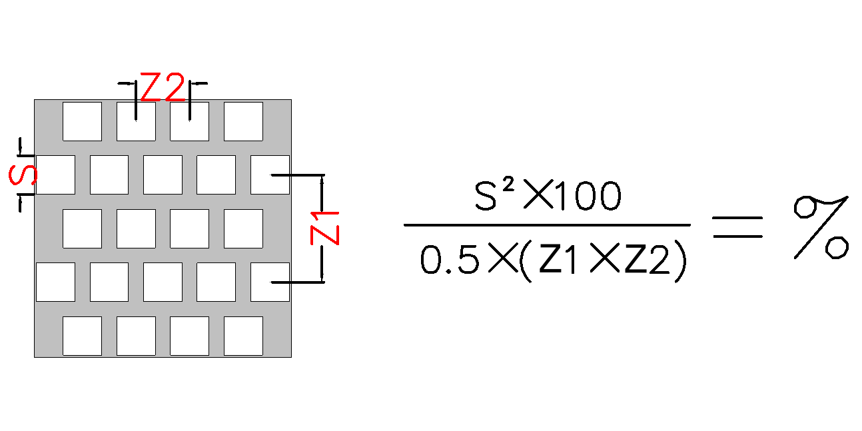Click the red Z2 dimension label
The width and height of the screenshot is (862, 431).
pyautogui.click(x=163, y=87)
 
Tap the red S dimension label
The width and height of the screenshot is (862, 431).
pyautogui.click(x=23, y=175)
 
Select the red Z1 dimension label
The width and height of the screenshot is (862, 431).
pyautogui.click(x=326, y=227)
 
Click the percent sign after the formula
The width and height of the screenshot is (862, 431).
pyautogui.click(x=821, y=226)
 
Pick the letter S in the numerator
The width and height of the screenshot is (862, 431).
pyautogui.click(x=488, y=197)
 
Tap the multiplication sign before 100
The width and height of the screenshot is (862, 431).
pyautogui.click(x=537, y=197)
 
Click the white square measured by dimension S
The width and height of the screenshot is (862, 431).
pyautogui.click(x=55, y=175)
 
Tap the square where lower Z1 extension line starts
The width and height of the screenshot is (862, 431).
pyautogui.click(x=270, y=282)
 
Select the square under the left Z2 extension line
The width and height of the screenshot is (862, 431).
pyautogui.click(x=136, y=121)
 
